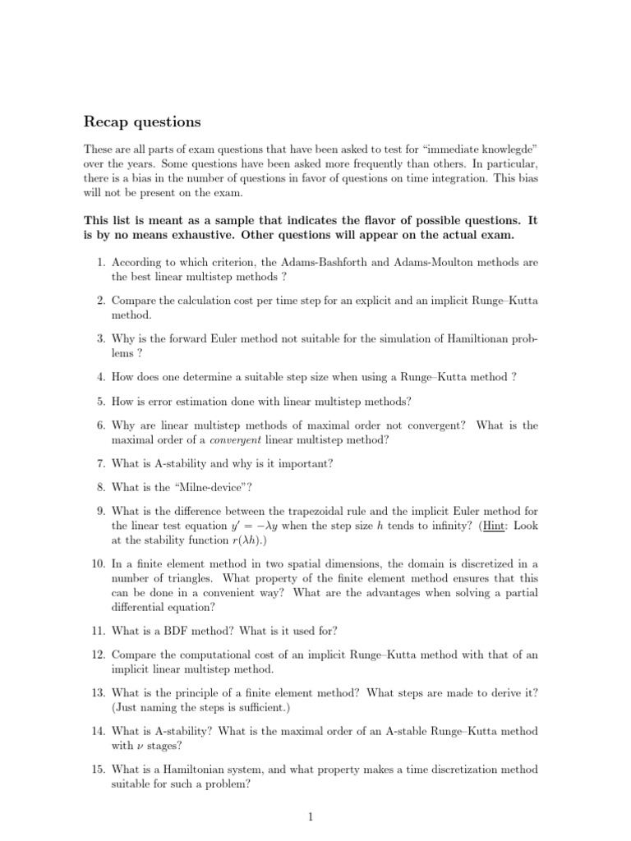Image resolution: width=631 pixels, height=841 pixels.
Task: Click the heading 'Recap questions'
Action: click(142, 122)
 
